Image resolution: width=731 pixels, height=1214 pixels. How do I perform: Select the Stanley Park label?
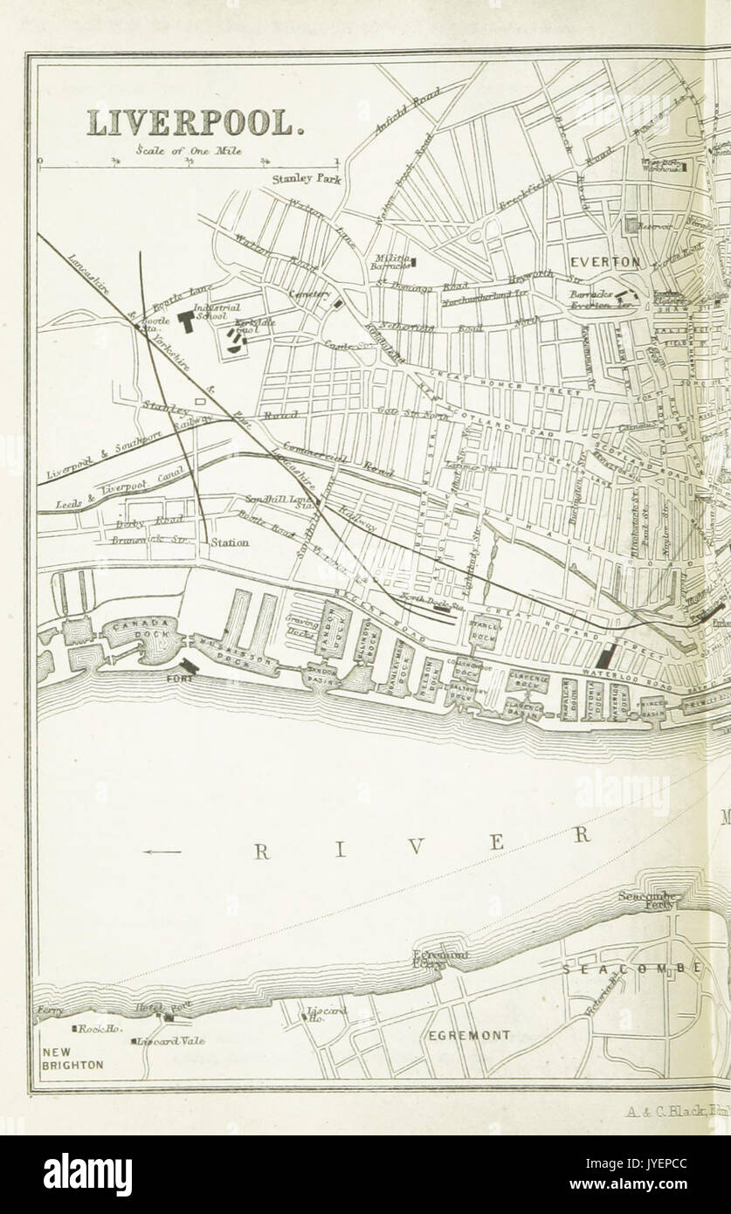(306, 180)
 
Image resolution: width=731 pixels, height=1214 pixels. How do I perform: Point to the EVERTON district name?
(605, 262)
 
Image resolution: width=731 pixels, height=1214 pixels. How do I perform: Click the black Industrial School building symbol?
(185, 321)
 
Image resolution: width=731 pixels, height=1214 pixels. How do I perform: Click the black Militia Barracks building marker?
(416, 260)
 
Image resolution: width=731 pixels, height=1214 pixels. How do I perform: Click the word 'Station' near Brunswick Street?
(231, 542)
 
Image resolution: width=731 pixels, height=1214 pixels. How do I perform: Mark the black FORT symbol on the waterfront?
(190, 666)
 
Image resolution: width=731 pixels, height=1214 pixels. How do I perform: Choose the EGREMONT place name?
(469, 1035)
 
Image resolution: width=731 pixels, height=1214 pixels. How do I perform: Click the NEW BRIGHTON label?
(72, 1059)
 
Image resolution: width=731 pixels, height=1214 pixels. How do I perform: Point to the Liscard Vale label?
(172, 1041)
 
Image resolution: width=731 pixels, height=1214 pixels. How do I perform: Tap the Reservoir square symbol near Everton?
(633, 225)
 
